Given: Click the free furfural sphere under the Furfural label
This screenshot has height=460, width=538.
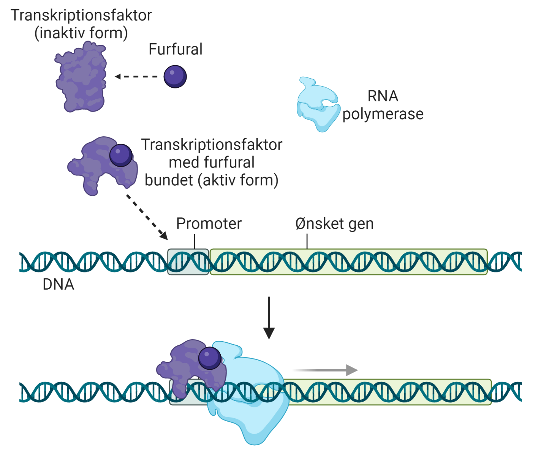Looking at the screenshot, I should (175, 76).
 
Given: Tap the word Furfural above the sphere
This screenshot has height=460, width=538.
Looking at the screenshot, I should (175, 49).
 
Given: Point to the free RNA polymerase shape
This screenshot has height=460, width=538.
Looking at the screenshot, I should (318, 104).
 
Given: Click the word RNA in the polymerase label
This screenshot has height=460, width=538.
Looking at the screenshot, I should (383, 96).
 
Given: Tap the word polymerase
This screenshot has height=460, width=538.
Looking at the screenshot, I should (383, 114).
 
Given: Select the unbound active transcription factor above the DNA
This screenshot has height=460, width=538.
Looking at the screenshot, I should (97, 167).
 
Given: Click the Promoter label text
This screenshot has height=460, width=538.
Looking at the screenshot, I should (209, 224).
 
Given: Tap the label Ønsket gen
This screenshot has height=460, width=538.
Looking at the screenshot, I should (334, 224).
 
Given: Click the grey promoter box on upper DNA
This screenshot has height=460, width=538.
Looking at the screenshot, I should (188, 262).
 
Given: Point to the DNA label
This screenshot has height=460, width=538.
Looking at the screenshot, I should (58, 284).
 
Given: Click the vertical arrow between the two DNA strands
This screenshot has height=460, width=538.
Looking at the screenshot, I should (269, 317).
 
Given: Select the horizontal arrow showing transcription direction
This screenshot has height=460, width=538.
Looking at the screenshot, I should (325, 370).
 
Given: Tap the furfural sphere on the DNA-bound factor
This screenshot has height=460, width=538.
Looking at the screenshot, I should (210, 358).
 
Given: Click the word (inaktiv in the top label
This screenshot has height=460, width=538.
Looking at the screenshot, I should (57, 33).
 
